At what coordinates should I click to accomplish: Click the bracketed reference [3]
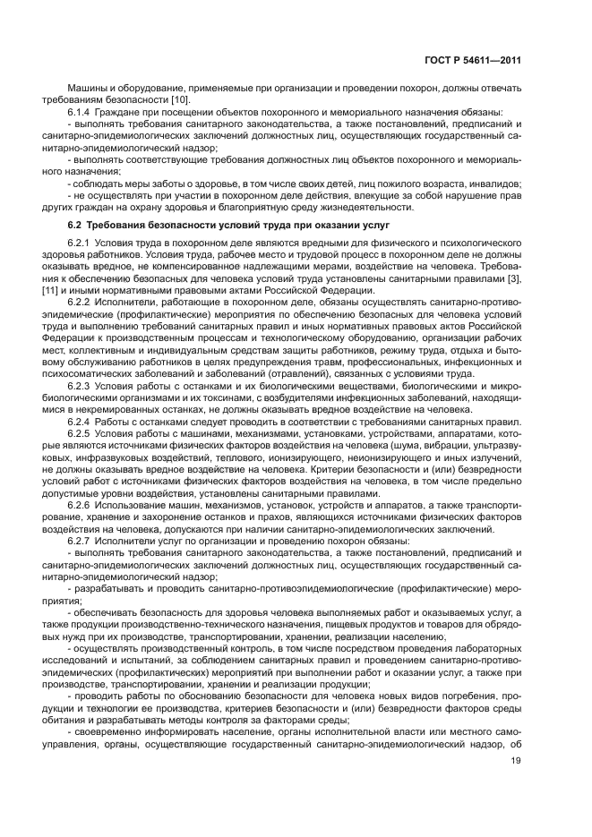514,278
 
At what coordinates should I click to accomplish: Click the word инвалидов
497,183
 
